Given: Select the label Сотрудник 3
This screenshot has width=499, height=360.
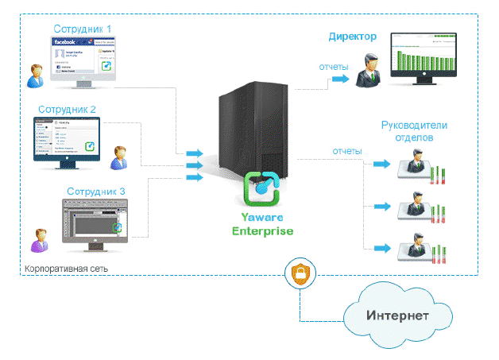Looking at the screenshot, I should click(x=95, y=191).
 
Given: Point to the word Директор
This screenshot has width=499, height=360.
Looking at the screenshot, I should click(x=352, y=37).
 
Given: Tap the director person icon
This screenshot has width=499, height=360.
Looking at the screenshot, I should click(x=368, y=70).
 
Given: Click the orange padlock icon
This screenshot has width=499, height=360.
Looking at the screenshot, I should click(x=301, y=275).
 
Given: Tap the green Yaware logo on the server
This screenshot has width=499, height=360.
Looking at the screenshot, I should click(x=262, y=188).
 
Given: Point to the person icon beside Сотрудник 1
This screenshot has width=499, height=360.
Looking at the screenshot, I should click(x=34, y=75).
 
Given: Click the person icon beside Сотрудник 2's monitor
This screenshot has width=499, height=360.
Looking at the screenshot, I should click(x=119, y=157).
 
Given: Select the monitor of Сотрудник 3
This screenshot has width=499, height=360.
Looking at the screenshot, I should click(x=95, y=219).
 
